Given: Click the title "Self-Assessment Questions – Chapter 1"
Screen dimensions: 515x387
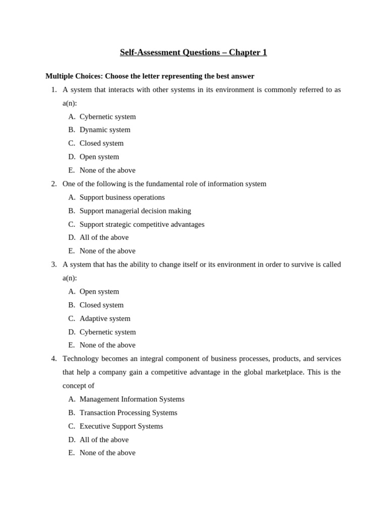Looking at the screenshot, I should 193,52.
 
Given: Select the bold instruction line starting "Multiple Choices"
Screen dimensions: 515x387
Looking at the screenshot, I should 150,76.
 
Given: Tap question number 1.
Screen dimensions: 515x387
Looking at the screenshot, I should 54,90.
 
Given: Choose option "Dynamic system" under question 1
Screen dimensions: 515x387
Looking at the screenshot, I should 105,130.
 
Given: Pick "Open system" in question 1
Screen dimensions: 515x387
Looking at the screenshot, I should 99,157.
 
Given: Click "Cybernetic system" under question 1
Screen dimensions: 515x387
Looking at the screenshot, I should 107,117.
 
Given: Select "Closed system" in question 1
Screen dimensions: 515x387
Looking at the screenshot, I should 101,143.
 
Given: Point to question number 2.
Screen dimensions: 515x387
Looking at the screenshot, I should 54,184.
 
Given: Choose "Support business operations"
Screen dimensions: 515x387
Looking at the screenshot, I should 122,197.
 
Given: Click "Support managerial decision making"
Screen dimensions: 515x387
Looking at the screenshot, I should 135,211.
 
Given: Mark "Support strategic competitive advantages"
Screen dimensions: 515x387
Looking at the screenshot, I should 142,224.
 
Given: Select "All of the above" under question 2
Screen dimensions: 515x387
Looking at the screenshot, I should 104,237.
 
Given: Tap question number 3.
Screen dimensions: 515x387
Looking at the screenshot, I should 54,265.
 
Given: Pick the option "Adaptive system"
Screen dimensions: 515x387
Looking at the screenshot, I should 105,318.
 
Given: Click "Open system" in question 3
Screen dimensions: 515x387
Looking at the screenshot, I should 99,292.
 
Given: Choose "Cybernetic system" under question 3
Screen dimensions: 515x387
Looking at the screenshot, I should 107,332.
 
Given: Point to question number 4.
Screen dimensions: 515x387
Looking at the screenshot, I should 54,359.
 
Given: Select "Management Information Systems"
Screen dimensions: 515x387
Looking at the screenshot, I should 132,399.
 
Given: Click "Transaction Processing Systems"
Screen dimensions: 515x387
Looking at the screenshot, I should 128,413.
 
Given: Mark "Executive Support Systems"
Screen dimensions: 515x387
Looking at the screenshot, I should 121,426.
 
